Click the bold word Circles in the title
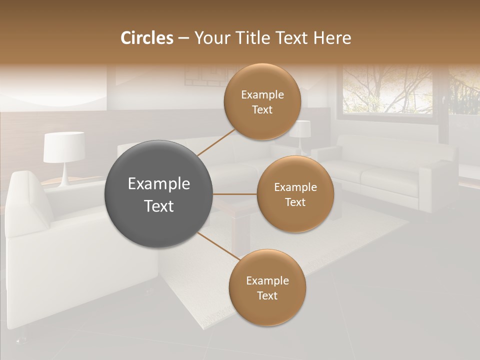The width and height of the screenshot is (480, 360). [x=146, y=38]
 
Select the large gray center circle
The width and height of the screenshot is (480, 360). [x=158, y=194]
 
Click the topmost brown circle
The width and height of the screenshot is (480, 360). [x=262, y=102]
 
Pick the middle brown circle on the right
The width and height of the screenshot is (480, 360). [x=295, y=194]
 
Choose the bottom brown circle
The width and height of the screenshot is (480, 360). [x=267, y=287]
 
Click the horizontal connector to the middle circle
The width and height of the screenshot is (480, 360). [x=235, y=194]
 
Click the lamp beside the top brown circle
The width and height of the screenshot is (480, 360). [x=302, y=132]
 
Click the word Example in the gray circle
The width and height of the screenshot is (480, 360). [x=158, y=184]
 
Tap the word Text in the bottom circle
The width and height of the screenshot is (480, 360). [x=267, y=295]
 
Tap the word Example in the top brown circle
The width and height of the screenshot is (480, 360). [x=262, y=95]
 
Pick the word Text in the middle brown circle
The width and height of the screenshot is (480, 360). [x=295, y=202]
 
